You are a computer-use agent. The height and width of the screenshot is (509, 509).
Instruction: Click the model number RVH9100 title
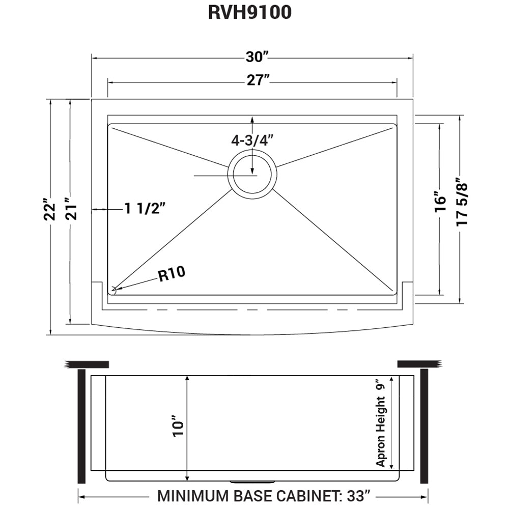[249, 13]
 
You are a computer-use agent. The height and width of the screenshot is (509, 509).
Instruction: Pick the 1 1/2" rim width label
[145, 209]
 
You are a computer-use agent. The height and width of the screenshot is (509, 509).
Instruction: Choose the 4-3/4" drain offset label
[252, 140]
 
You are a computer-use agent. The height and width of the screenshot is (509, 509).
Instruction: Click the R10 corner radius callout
[172, 274]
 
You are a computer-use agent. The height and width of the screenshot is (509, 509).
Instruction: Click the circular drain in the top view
[252, 175]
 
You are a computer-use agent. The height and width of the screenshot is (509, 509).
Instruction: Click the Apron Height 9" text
[381, 423]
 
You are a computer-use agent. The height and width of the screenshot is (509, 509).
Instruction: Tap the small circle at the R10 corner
[114, 290]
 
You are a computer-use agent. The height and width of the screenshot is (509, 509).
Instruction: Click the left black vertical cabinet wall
[80, 426]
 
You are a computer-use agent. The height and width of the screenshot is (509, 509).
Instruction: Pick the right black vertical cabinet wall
[424, 426]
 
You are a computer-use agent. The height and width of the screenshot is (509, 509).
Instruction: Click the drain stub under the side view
[252, 481]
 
